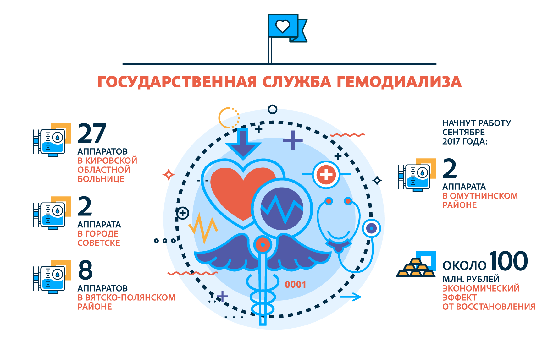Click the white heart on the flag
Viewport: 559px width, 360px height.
coord(282,26)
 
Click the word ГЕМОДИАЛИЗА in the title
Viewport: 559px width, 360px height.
coord(399,82)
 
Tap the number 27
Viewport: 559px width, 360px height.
coord(92,133)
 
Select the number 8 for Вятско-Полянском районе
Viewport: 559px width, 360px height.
coord(86,270)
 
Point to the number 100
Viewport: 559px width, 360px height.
coord(508,261)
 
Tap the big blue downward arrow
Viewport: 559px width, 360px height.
coord(243,144)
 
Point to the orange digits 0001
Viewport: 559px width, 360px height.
coord(295,285)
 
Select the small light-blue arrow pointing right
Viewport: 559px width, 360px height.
coord(351,297)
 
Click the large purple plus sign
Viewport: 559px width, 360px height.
coord(293,140)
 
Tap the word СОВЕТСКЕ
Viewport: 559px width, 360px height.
coord(99,243)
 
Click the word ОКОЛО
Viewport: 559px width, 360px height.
coord(464,266)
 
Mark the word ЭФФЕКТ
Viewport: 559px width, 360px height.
coord(460,297)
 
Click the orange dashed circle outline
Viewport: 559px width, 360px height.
coord(229,118)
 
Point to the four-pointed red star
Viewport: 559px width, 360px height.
coord(169,175)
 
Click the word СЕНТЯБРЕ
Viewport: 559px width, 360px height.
coord(463,132)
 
